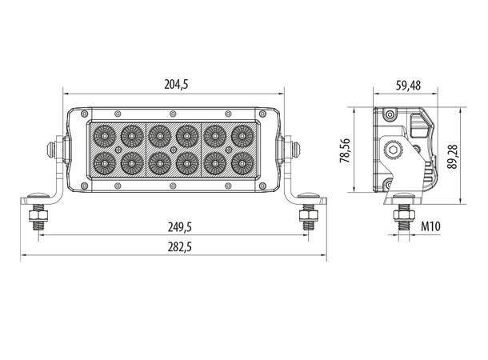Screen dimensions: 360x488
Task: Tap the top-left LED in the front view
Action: coord(104,133)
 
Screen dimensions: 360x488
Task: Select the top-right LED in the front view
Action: coord(240,133)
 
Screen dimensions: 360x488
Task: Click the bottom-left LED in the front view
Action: coord(104,162)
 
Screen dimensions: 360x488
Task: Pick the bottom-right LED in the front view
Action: coord(240,162)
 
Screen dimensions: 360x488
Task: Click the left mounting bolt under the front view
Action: coord(37,216)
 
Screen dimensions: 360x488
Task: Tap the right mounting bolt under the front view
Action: coord(306,216)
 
